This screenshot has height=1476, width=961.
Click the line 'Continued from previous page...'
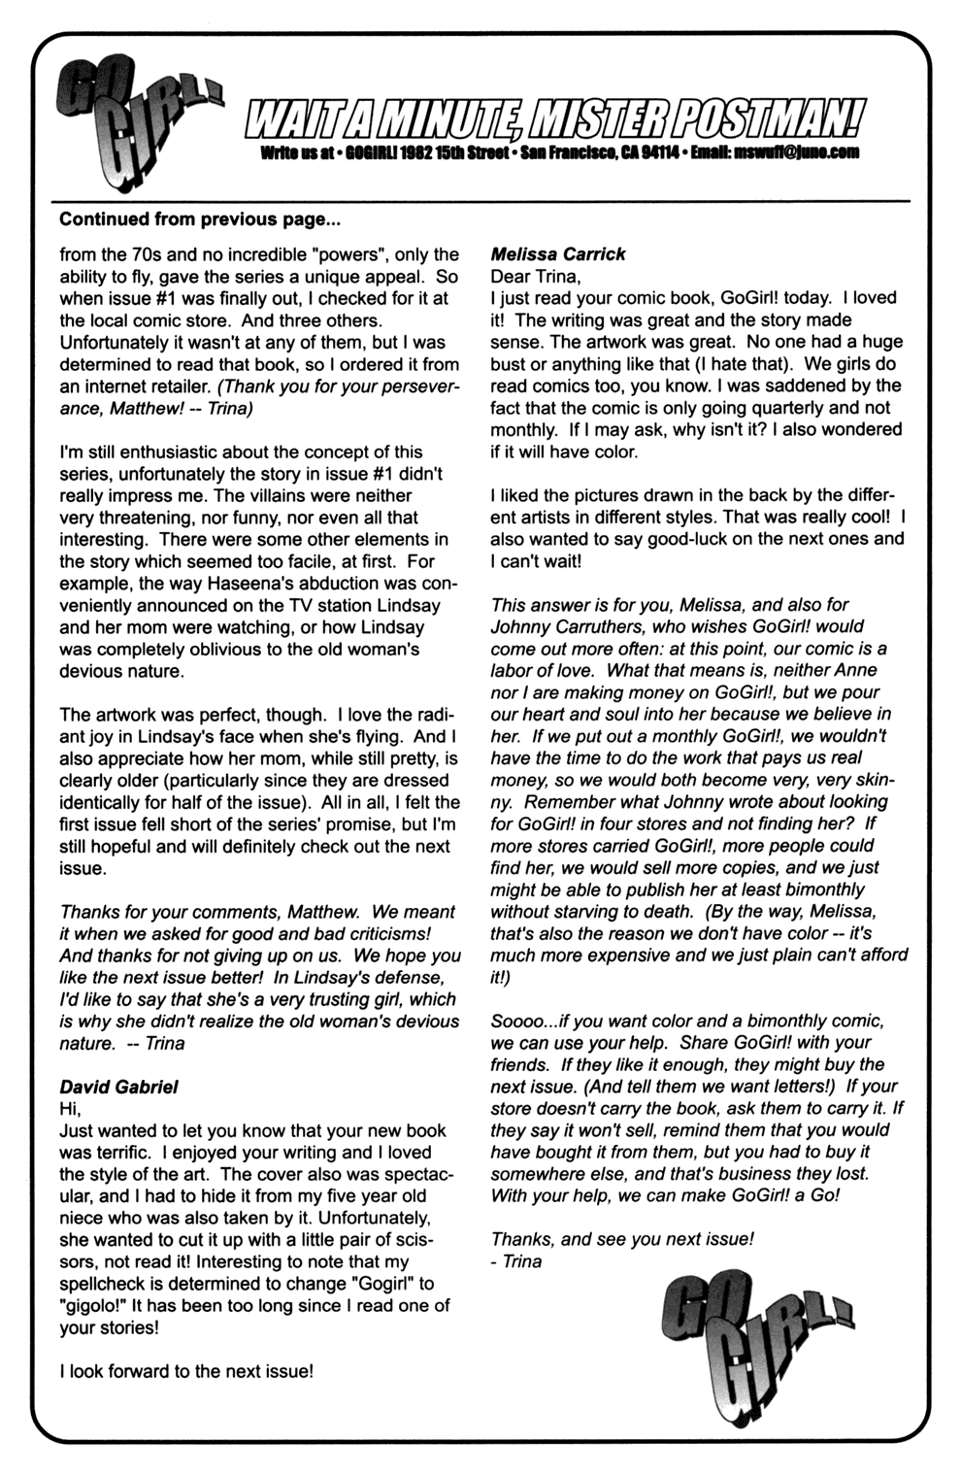[200, 219]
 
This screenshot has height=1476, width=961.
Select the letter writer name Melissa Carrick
[558, 254]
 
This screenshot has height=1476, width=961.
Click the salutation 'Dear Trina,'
[535, 277]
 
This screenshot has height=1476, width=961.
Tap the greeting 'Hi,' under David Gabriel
[71, 1109]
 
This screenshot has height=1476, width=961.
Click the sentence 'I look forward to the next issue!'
[186, 1371]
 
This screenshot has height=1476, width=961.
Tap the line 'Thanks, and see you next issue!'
[621, 1239]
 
